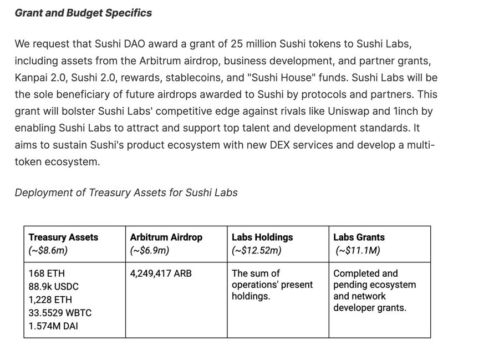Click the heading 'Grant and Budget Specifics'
tap(83, 12)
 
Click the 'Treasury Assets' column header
tap(63, 237)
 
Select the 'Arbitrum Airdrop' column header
tap(166, 237)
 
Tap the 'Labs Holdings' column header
tap(262, 237)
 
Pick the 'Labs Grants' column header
tap(359, 237)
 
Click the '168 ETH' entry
tap(47, 273)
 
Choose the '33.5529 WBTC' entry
tap(60, 313)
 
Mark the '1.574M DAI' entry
tap(53, 326)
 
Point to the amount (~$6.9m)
tap(149, 251)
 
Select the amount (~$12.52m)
tap(256, 251)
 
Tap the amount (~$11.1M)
tap(358, 251)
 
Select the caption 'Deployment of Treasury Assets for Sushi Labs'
tap(126, 192)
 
